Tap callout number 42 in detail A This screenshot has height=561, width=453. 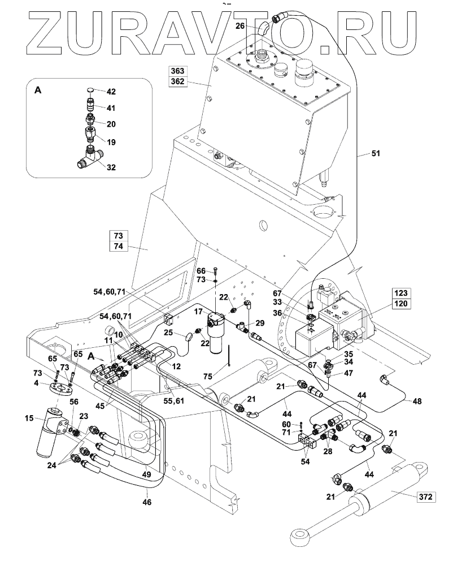(111, 92)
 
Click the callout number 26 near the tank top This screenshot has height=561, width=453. (240, 26)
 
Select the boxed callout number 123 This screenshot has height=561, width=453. (403, 293)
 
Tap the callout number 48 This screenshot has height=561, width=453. (417, 401)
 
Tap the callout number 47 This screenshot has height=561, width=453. (349, 373)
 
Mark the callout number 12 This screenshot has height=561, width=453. (176, 366)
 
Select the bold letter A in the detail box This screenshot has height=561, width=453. (38, 90)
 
